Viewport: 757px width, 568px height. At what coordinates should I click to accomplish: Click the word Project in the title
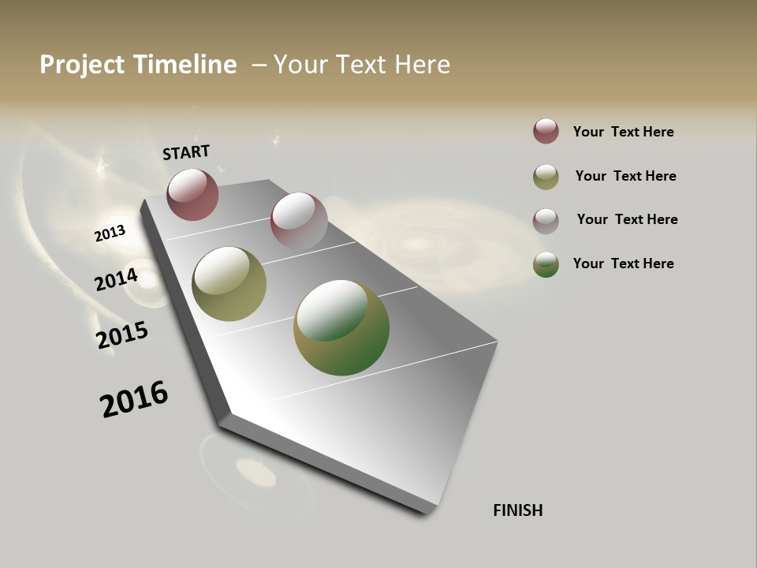point(82,65)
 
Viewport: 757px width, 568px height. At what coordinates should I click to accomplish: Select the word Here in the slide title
point(422,65)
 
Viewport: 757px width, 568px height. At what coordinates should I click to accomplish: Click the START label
point(186,152)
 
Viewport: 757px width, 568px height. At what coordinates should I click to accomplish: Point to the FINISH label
point(517,510)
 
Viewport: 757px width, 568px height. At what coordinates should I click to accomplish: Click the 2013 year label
point(110,234)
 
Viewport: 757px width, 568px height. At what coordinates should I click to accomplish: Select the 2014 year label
point(116,280)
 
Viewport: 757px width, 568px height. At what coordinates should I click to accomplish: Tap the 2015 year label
point(122,335)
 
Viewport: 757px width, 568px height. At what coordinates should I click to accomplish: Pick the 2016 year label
point(134,399)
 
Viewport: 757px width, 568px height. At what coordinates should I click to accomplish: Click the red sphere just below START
point(192,194)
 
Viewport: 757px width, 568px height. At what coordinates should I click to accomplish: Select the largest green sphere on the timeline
point(341,327)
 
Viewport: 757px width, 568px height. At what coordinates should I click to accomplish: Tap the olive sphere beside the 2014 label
point(229,284)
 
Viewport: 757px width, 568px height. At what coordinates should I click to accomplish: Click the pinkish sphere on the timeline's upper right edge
point(299,221)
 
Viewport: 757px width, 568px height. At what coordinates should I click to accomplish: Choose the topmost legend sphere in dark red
point(546,131)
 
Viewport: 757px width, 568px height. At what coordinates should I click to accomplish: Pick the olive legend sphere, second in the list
point(546,177)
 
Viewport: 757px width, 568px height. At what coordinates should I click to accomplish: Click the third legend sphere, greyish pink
point(546,220)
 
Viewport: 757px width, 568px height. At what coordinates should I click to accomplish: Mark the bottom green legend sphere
point(546,264)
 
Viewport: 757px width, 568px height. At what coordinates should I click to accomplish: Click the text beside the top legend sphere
point(623,132)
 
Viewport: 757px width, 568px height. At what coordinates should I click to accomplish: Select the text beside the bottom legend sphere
point(623,263)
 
